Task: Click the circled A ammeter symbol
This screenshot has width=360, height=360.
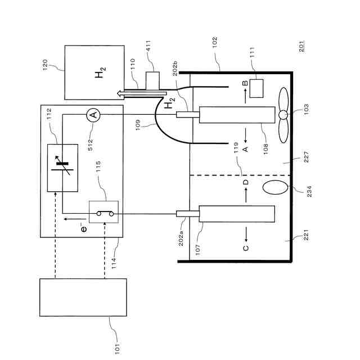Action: [93, 115]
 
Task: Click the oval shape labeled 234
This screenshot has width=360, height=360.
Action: [275, 187]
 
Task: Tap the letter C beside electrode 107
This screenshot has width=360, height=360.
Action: [246, 247]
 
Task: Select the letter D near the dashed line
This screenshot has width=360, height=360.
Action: [245, 183]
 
